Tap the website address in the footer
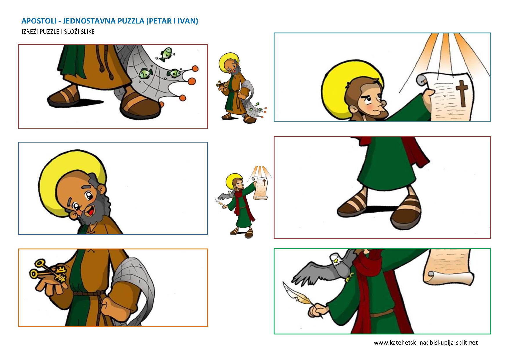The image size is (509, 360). tap(426, 343)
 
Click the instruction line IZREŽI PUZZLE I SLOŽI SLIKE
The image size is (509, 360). tap(58, 32)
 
